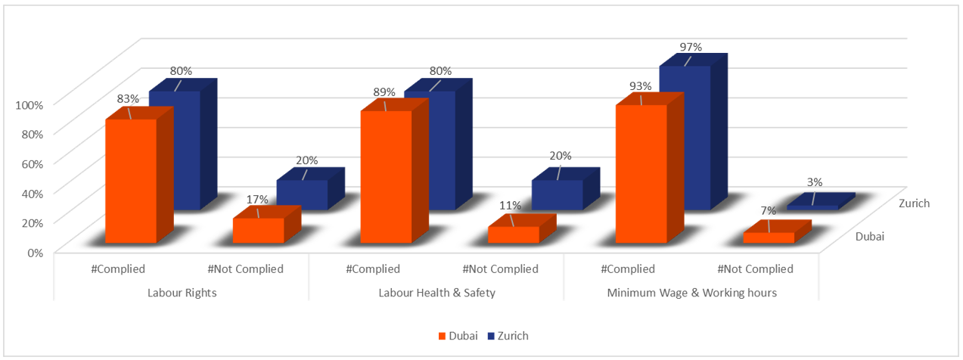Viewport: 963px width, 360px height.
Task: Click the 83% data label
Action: tap(127, 98)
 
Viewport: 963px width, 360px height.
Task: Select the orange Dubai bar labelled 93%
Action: tap(641, 174)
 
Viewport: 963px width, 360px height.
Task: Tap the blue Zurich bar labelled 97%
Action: tap(685, 136)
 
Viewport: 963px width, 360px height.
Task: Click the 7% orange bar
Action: tap(769, 237)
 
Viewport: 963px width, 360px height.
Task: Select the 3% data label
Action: tap(814, 182)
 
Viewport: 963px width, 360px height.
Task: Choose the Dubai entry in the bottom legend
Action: tap(458, 336)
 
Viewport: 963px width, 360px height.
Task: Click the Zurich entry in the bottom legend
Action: tap(508, 336)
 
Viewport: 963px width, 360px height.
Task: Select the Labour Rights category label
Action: tap(182, 293)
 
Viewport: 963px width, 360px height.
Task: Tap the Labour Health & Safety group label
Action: tap(437, 293)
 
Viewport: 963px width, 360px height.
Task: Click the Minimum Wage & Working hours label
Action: tap(691, 293)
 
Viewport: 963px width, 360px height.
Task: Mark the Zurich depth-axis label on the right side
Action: tap(914, 203)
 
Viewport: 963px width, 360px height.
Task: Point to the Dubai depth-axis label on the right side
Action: tap(870, 237)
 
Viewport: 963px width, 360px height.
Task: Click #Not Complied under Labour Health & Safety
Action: tap(500, 269)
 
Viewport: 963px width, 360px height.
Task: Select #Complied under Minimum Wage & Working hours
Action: tap(628, 269)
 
